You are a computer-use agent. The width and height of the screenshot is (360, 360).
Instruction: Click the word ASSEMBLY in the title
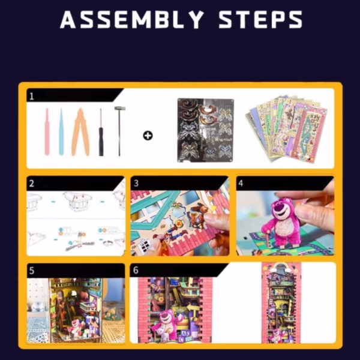coord(132,20)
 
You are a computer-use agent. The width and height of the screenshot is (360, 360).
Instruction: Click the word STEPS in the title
coord(260,20)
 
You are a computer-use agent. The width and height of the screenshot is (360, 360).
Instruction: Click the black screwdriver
coord(101,132)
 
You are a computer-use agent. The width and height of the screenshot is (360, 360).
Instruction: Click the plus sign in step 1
coord(148,136)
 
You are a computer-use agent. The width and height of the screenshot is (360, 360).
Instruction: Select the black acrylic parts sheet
coord(205,130)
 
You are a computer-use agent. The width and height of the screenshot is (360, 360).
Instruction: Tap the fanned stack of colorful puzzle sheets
coord(287,128)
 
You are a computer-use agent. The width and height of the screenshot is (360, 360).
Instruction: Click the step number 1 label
coord(32,96)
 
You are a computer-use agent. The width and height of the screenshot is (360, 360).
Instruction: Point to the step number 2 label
coord(32,184)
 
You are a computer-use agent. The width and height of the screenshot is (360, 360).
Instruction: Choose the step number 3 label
coord(136,183)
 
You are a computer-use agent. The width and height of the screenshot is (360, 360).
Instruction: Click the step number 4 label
coord(241,183)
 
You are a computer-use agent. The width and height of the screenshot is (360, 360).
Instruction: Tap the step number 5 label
coord(32,271)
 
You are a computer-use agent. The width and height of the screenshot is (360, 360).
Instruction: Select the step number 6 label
coord(136,270)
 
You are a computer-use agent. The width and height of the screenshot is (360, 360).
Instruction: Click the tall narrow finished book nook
coord(281,302)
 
